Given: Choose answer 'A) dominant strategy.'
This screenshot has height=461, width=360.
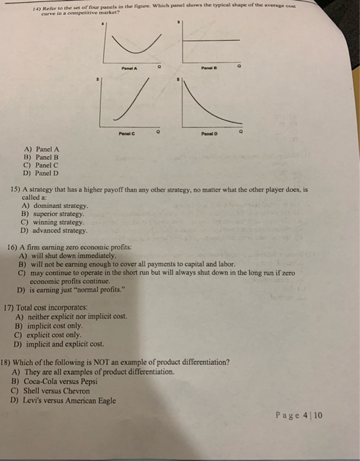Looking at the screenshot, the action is (55, 205).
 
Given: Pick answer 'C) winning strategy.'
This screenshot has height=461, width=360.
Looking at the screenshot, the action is (52, 223).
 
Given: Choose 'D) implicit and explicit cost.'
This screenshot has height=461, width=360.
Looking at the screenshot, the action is (63, 342).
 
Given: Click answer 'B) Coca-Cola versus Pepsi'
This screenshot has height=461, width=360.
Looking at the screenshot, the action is (55, 381).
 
